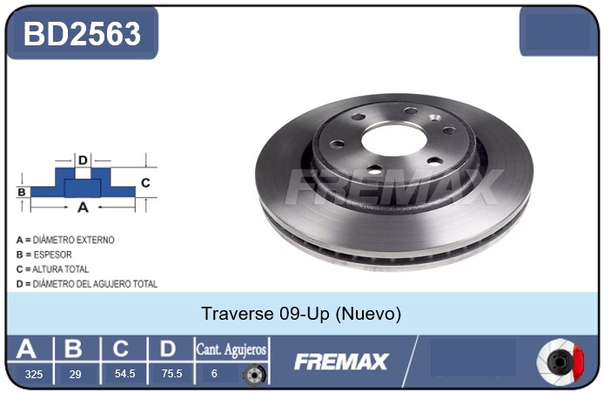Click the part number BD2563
(82, 34)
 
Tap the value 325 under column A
(34, 374)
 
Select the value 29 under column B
(75, 374)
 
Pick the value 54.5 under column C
(124, 373)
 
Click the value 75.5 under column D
(171, 373)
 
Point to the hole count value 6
(214, 373)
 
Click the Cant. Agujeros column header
(232, 349)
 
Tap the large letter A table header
(26, 349)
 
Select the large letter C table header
(121, 349)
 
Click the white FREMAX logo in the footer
(341, 362)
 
